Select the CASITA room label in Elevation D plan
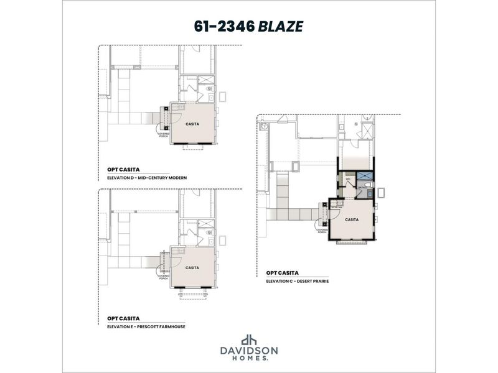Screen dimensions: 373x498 coord(193,124)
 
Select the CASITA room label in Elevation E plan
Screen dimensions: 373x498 coord(193,268)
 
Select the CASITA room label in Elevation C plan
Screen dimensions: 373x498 coord(352,219)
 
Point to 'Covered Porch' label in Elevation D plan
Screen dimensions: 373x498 coord(164,131)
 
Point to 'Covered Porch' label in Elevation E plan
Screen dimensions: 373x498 coord(163,277)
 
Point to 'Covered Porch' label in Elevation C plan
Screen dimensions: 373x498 coord(322,230)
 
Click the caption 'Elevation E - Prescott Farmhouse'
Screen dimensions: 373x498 coord(146,326)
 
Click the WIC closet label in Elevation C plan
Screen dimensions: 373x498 coord(349,179)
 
